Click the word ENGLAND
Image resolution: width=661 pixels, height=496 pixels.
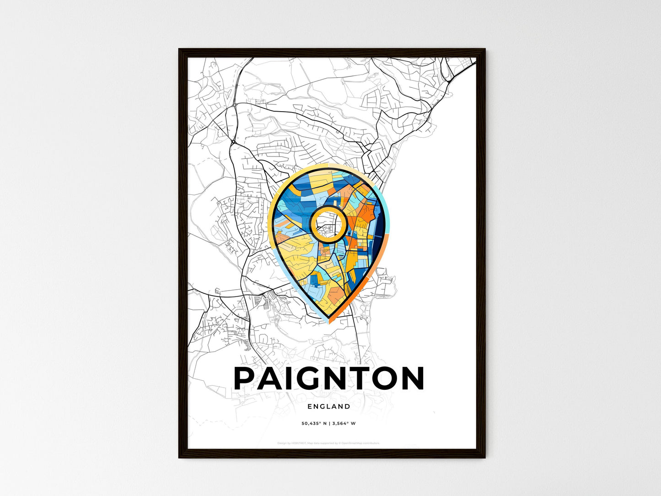pyautogui.click(x=329, y=406)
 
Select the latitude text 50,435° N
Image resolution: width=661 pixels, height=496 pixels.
pyautogui.click(x=313, y=423)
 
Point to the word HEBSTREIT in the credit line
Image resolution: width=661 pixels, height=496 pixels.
pyautogui.click(x=296, y=443)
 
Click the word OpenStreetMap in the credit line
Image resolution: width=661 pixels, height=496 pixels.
pyautogui.click(x=352, y=443)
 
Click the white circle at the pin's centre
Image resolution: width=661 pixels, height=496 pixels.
pyautogui.click(x=328, y=224)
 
